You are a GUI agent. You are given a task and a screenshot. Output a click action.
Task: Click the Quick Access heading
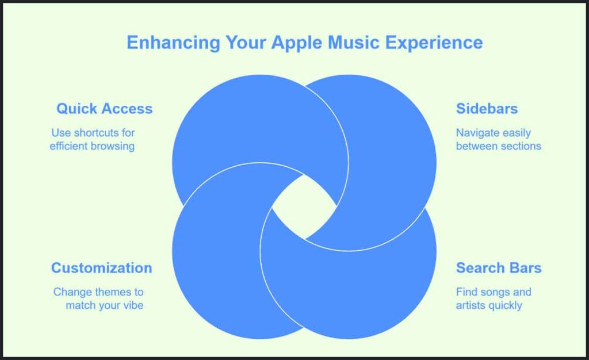coord(104,109)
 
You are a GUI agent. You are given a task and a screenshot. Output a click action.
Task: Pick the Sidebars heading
coord(487,109)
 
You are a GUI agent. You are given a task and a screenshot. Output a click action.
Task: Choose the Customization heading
coord(101,268)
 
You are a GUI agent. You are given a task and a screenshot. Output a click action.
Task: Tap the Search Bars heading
coord(499,268)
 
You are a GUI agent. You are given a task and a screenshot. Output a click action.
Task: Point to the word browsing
coord(113,146)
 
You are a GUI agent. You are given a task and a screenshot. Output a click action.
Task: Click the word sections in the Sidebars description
coord(521,146)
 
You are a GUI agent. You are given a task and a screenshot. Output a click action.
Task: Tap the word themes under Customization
coord(109,292)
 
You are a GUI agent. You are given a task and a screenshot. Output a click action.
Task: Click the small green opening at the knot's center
coord(304,206)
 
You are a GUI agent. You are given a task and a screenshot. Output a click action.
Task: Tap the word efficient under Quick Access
coord(69,146)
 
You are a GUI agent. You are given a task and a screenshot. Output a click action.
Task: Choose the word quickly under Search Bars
coord(505,305)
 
